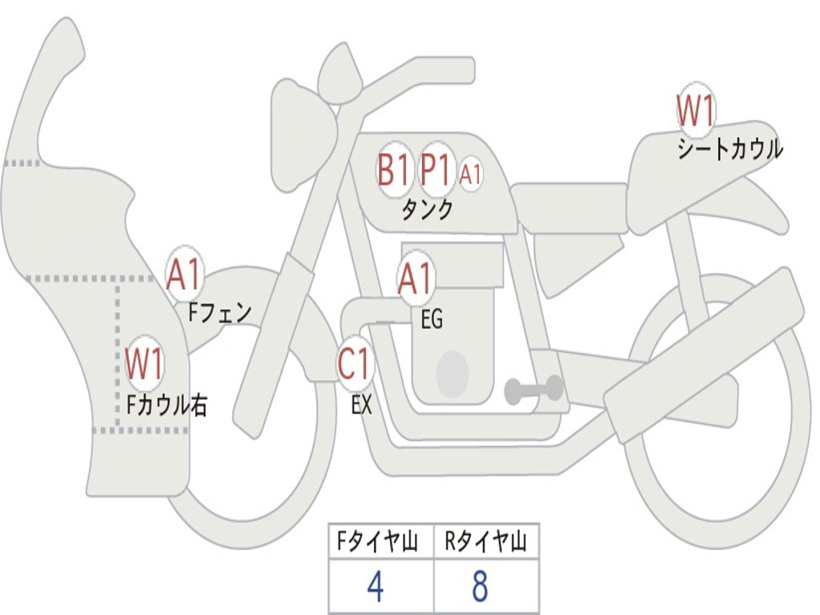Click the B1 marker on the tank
click(x=393, y=170)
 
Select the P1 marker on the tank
click(x=436, y=170)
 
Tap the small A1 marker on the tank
click(x=471, y=174)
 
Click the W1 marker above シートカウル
click(x=695, y=111)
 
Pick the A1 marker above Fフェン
click(x=185, y=275)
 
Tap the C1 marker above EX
click(x=355, y=364)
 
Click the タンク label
click(x=427, y=210)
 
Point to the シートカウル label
click(x=730, y=150)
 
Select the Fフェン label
click(x=219, y=312)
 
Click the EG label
click(x=432, y=320)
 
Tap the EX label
click(x=362, y=405)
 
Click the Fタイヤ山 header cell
click(x=380, y=543)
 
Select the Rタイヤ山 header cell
click(x=486, y=543)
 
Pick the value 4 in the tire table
click(x=376, y=588)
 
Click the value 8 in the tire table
click(x=480, y=588)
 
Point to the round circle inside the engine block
click(x=452, y=373)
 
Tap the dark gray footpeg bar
click(x=534, y=390)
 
